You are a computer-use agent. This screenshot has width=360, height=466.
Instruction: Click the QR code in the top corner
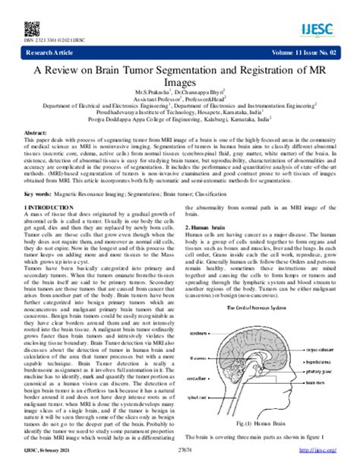[x=32, y=27]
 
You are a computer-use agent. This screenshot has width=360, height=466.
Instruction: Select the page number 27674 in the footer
[x=180, y=458]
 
